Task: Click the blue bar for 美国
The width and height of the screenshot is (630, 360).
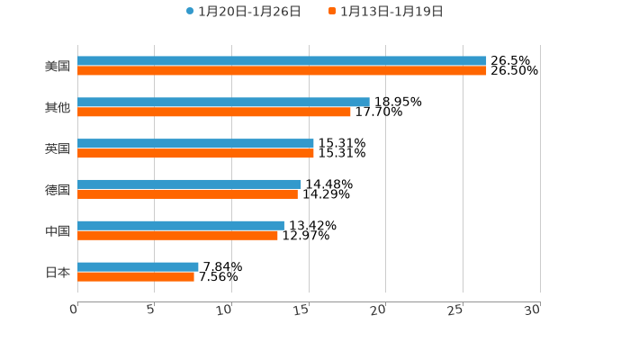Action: (282, 61)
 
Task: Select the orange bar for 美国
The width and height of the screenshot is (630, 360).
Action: (282, 71)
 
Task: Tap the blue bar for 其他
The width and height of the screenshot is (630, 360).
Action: (223, 102)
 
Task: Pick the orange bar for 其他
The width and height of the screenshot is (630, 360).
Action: (214, 112)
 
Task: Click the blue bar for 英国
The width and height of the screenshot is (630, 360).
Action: (195, 143)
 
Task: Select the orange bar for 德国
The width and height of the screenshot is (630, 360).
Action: (187, 194)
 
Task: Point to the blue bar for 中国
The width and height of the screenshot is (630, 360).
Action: (181, 225)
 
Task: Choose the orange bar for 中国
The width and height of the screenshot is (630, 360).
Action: (177, 236)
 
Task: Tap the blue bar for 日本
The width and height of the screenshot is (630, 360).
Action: (138, 266)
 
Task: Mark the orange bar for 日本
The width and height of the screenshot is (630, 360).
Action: (136, 277)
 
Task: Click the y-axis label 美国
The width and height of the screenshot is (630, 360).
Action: (58, 67)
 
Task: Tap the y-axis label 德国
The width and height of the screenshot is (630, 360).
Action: (58, 190)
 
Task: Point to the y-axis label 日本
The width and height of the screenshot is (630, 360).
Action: (58, 272)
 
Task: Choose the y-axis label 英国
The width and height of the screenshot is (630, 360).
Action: (58, 148)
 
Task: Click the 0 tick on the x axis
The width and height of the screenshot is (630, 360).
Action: (75, 310)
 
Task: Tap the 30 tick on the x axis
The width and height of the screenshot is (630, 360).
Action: (533, 310)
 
